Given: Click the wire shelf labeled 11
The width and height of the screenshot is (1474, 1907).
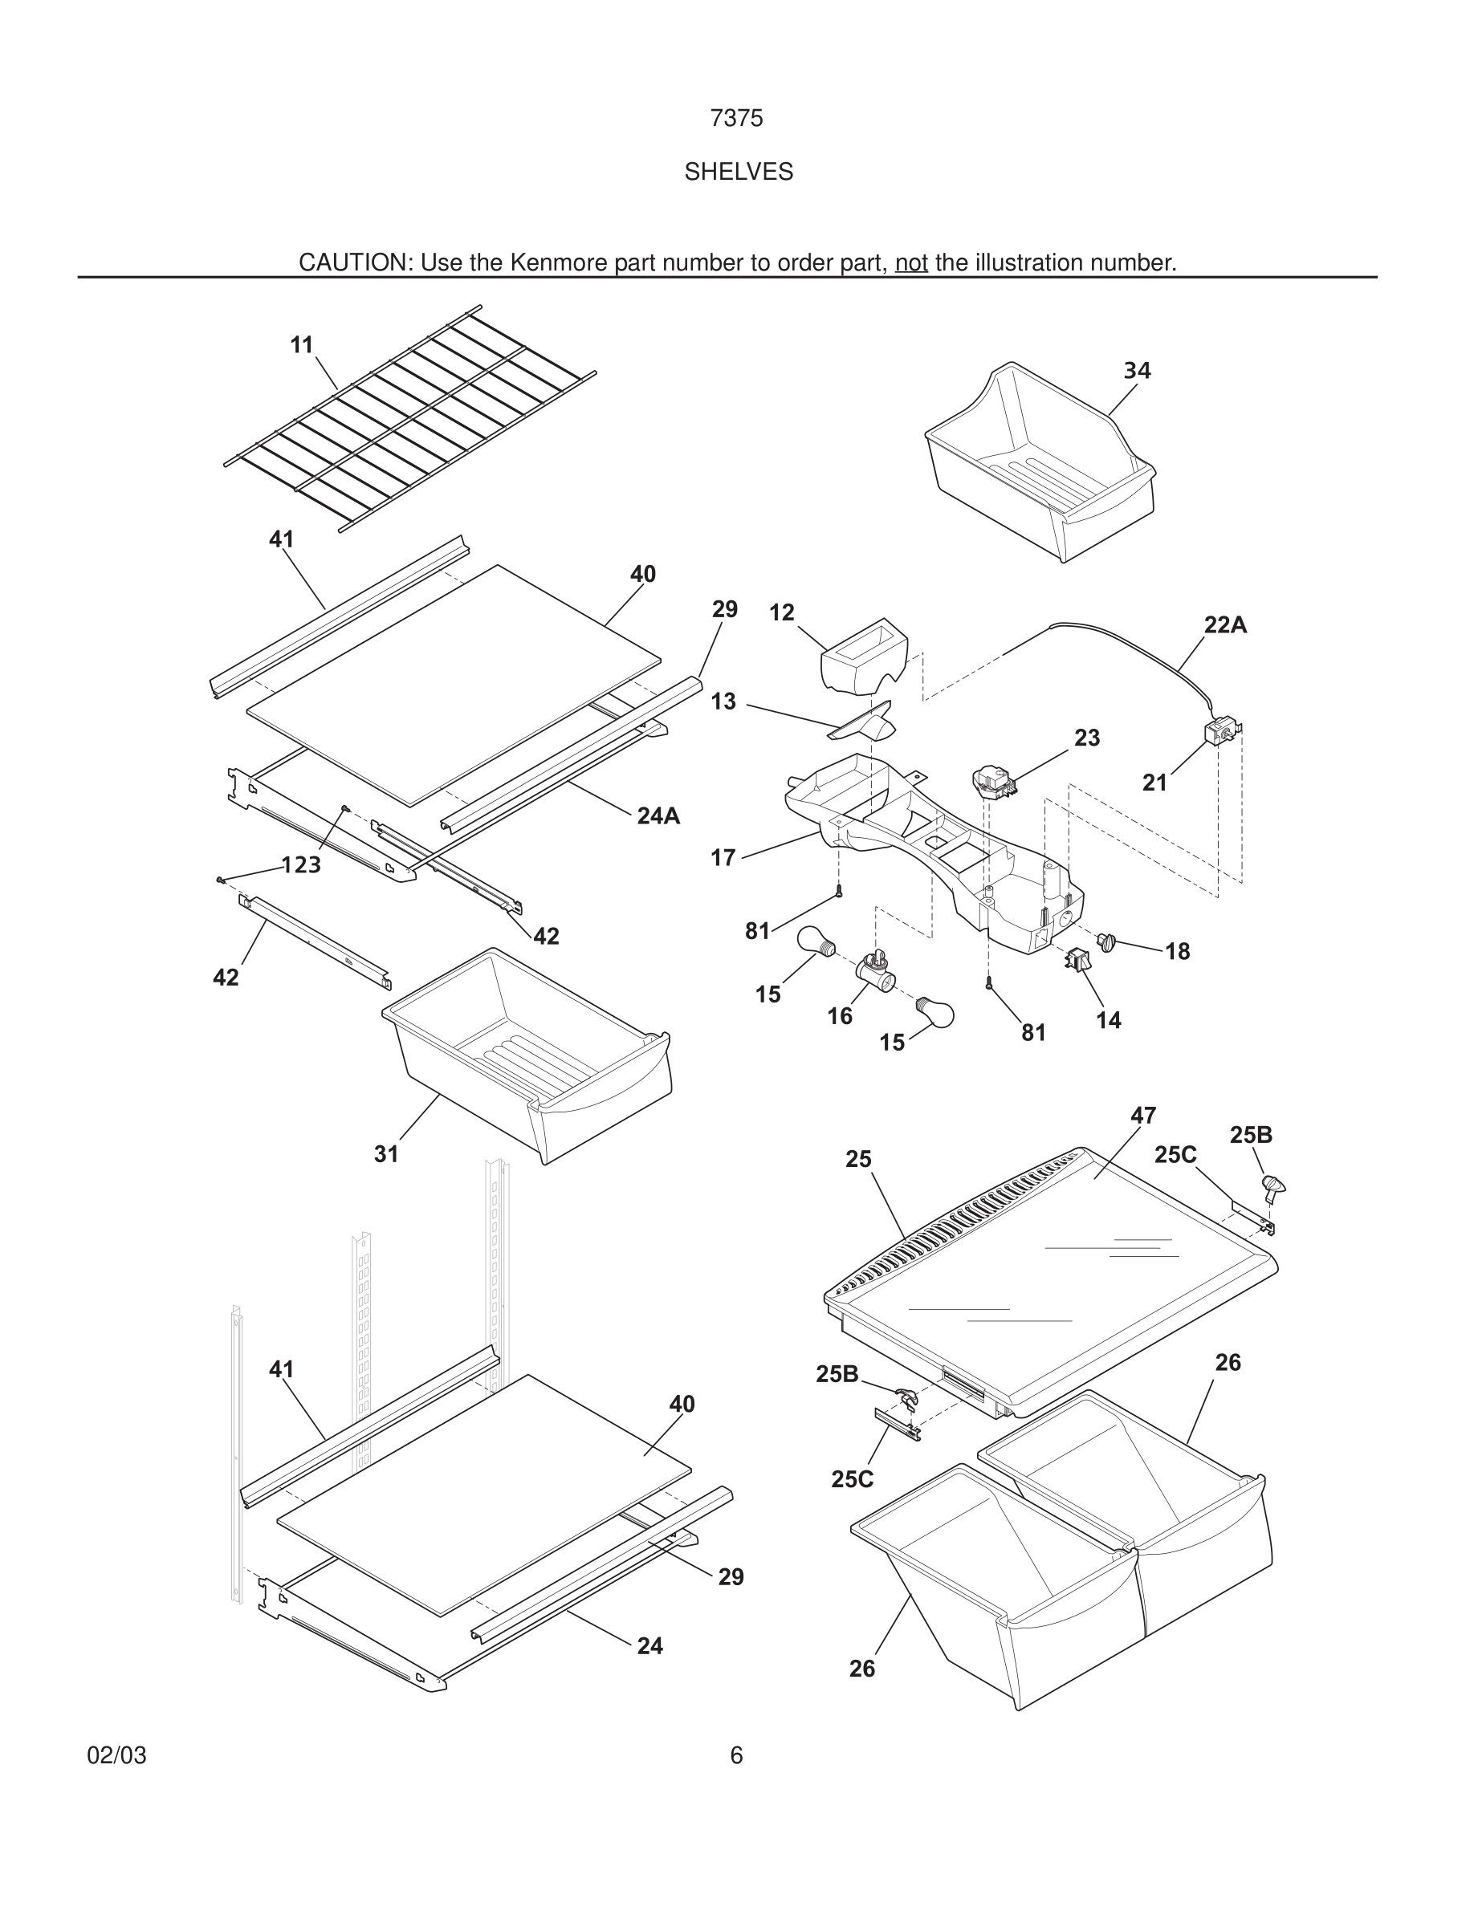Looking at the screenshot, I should [x=410, y=417].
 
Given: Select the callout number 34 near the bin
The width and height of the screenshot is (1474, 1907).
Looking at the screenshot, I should [x=1136, y=371].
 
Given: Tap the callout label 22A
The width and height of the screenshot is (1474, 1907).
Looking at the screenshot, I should [x=1225, y=625].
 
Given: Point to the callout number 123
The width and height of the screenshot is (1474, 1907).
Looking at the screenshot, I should [x=301, y=865].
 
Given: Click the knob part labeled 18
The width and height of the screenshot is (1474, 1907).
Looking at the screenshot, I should [x=1107, y=942].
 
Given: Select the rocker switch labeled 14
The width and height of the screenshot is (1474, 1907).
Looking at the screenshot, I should [x=1074, y=960].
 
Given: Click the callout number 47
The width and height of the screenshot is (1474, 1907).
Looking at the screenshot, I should [x=1143, y=1116].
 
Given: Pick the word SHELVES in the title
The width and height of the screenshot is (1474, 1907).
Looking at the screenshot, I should [x=738, y=172].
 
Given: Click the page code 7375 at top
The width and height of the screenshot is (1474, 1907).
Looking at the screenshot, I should [x=736, y=118].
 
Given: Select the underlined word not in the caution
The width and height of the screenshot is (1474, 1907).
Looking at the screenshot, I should [x=910, y=262].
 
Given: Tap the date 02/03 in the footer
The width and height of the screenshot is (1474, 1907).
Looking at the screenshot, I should [x=117, y=1756].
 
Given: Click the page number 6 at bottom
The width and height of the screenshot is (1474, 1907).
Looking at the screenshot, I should [x=736, y=1756].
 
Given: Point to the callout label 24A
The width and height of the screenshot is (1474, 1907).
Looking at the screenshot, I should [x=658, y=815].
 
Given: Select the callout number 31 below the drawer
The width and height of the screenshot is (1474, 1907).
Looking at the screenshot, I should [x=386, y=1154].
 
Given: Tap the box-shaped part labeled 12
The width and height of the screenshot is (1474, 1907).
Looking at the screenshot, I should [x=865, y=657].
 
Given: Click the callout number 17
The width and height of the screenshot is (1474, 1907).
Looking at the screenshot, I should [x=723, y=858].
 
